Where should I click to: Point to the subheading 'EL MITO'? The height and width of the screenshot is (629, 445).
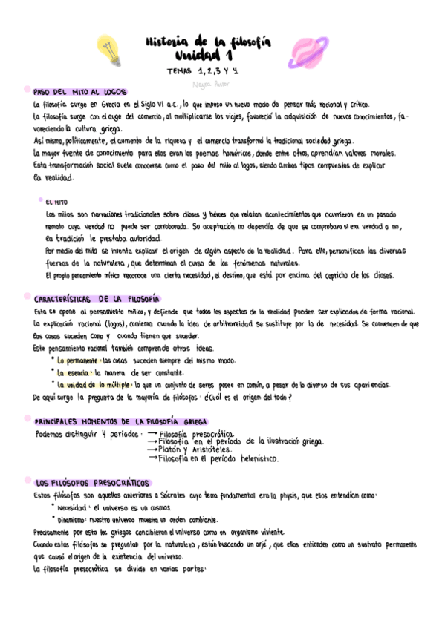pos(56,201)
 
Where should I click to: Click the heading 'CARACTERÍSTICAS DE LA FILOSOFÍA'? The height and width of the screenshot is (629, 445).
pos(97,299)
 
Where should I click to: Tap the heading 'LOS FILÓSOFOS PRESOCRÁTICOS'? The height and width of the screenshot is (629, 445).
pos(92,481)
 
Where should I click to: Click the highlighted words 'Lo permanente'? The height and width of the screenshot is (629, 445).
pos(77,360)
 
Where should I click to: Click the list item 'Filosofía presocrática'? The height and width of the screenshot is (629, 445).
pos(196,434)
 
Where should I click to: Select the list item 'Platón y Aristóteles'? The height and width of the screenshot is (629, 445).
pos(195,449)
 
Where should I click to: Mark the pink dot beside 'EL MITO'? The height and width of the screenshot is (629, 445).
pos(39,200)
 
